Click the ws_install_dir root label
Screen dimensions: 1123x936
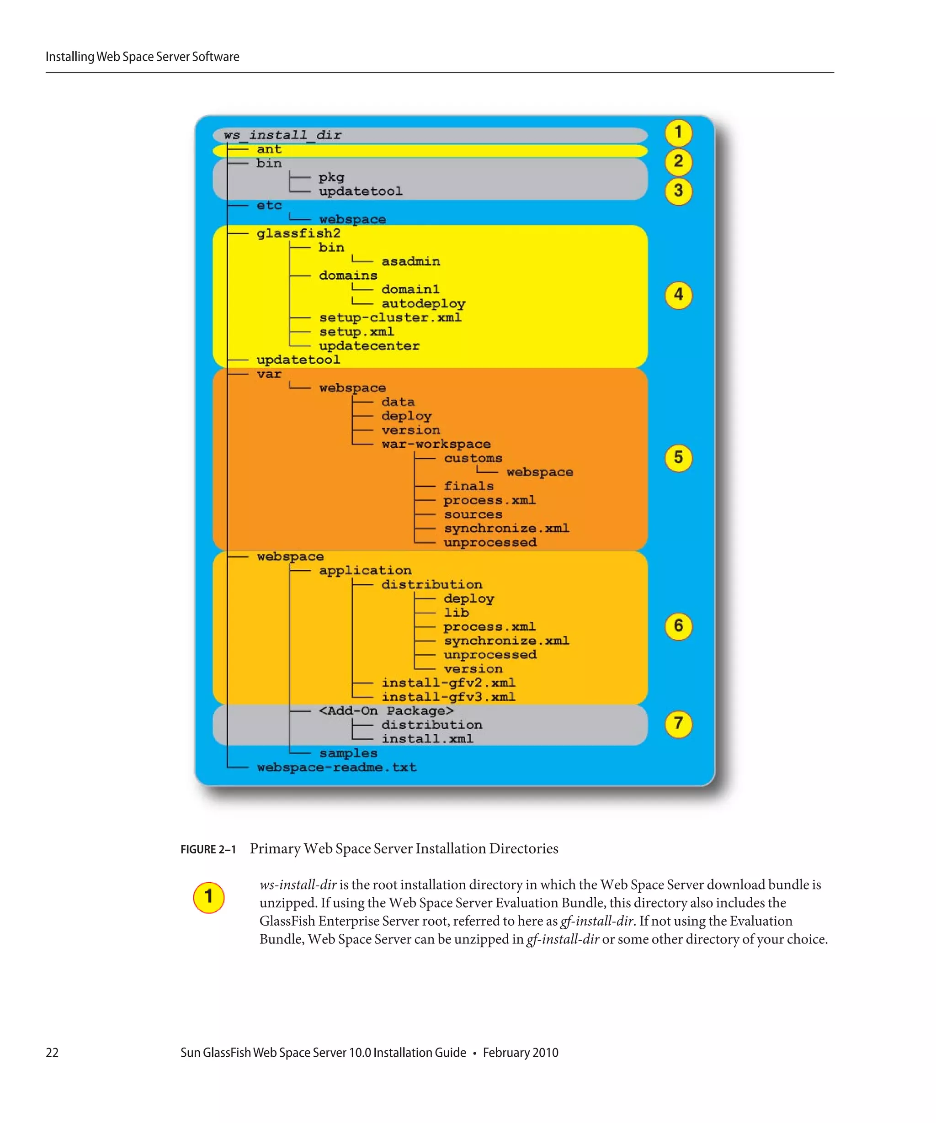(282, 135)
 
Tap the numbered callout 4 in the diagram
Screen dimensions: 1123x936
(678, 295)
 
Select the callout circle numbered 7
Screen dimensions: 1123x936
(678, 724)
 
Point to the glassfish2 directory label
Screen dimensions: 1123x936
(298, 233)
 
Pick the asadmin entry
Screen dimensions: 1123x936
(410, 261)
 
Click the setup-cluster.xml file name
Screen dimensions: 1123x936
(390, 318)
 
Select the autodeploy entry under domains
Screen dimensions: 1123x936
(423, 304)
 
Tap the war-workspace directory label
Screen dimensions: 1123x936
(436, 444)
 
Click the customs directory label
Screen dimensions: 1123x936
(473, 458)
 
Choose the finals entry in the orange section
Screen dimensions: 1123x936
(468, 486)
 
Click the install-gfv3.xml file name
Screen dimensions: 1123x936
(448, 697)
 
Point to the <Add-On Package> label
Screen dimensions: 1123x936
(386, 711)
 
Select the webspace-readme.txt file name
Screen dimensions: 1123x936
(336, 768)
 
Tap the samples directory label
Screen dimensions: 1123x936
(348, 753)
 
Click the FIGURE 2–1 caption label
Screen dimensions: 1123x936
(208, 849)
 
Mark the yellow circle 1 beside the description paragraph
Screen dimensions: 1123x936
(208, 897)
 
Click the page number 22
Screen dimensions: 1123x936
(52, 1052)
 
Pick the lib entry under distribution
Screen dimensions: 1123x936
(456, 613)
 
